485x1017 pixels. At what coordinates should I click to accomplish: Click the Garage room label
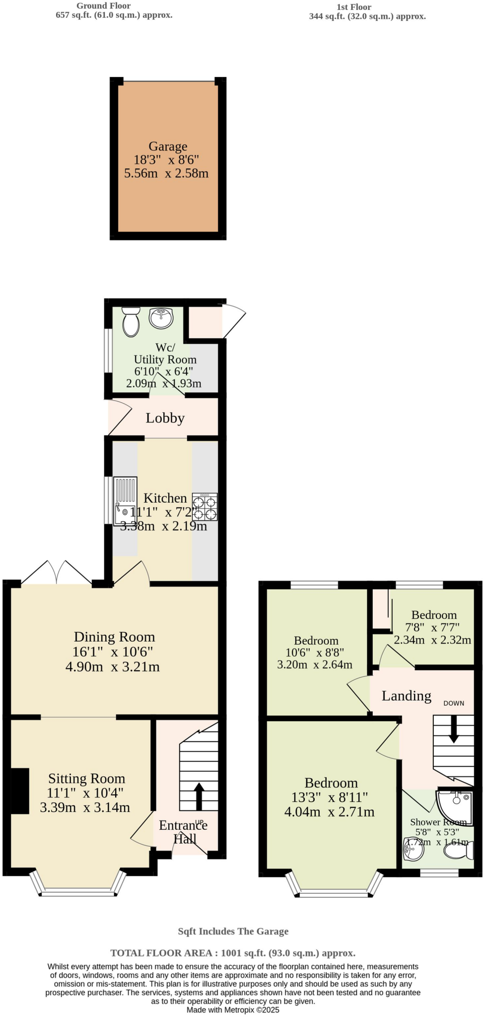tap(168, 146)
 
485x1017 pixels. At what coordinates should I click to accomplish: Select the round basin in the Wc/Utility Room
tap(161, 318)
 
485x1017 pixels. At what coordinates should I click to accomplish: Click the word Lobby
tap(165, 418)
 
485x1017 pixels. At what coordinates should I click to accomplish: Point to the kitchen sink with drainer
tap(125, 501)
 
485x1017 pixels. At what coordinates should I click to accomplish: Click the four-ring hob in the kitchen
tap(205, 507)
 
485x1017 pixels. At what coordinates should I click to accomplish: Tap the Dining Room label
tap(114, 637)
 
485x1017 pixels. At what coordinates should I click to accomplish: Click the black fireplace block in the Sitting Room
tap(20, 791)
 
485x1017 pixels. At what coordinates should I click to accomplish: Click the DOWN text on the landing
tap(454, 703)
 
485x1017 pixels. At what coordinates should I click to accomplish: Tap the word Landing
tap(406, 696)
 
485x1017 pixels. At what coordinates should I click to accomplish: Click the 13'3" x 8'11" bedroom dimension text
tap(330, 798)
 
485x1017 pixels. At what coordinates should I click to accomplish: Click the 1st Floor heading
tap(353, 7)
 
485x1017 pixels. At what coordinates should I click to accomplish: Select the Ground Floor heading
tap(103, 6)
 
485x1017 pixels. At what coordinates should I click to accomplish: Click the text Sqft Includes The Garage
tap(233, 932)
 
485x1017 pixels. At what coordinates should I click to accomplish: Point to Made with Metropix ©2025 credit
tap(233, 1010)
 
